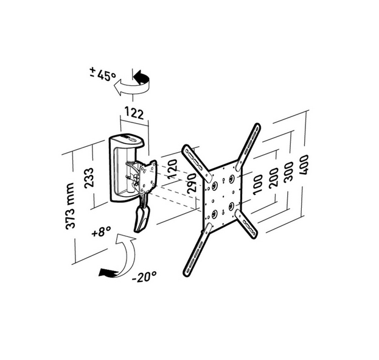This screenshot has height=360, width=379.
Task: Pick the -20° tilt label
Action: (x=145, y=275)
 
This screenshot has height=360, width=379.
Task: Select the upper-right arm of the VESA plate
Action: (x=250, y=145)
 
